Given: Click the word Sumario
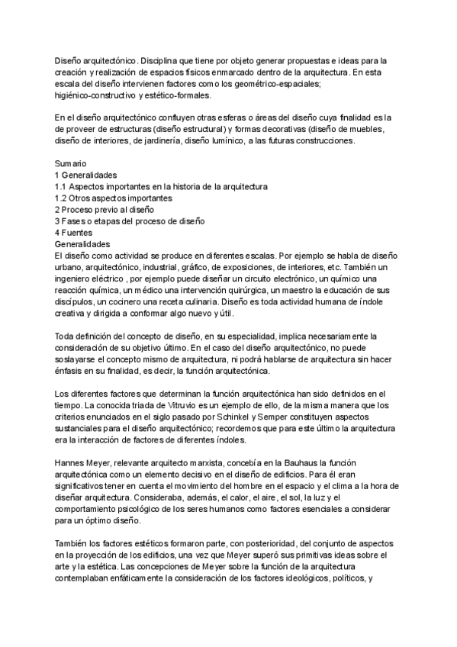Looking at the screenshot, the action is coord(70,163).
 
